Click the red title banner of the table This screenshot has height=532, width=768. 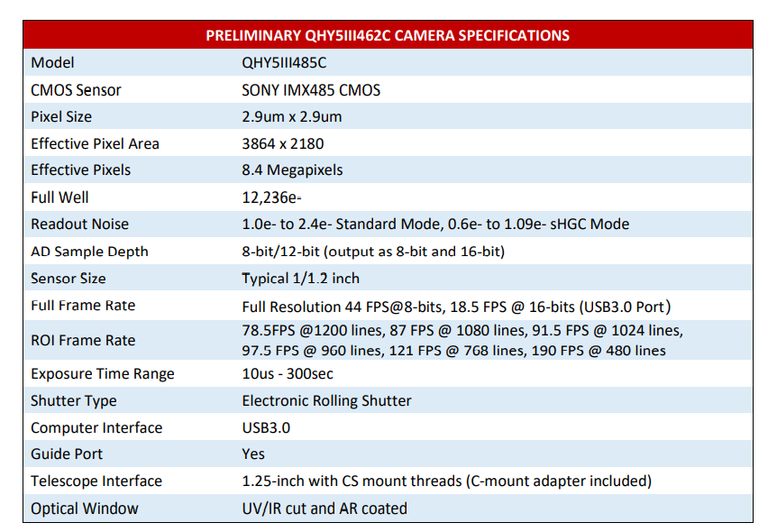click(x=388, y=35)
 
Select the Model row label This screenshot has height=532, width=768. click(x=52, y=62)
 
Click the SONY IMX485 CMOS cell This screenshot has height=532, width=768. click(x=311, y=89)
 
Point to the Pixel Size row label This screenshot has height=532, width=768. click(x=61, y=116)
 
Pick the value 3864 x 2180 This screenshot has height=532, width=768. click(x=283, y=143)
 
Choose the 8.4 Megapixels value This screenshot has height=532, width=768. click(x=292, y=170)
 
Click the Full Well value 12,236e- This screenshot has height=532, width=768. click(x=272, y=197)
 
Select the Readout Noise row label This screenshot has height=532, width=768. click(x=79, y=224)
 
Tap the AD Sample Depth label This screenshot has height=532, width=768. click(x=89, y=252)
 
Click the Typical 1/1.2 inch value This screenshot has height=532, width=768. click(x=300, y=278)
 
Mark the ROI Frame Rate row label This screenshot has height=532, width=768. click(x=83, y=340)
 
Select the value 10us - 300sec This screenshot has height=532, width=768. click(x=288, y=373)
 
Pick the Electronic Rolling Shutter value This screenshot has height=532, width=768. click(x=326, y=400)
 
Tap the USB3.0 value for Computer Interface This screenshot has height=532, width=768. click(x=266, y=427)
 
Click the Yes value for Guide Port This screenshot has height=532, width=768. click(x=253, y=454)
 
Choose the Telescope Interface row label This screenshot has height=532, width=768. click(x=96, y=481)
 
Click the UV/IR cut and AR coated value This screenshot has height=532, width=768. click(x=325, y=509)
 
